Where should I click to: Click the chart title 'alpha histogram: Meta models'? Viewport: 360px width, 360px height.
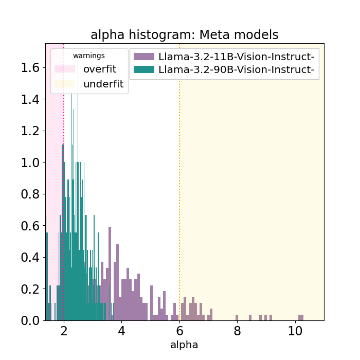[x=184, y=35]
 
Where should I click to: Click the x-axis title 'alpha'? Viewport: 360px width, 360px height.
[x=184, y=345]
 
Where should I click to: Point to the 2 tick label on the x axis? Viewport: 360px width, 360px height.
[x=64, y=331]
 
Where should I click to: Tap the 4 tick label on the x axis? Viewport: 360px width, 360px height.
[x=121, y=331]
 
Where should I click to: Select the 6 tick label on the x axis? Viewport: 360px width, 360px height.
[x=179, y=331]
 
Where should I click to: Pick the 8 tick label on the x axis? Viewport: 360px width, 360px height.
[x=237, y=331]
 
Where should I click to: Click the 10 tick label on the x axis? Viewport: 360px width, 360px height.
[x=295, y=331]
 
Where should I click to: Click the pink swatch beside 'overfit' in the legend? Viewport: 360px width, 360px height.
[x=65, y=69]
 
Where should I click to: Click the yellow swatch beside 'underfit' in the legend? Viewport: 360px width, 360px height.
[x=65, y=84]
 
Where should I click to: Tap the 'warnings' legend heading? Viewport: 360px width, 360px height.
[x=88, y=56]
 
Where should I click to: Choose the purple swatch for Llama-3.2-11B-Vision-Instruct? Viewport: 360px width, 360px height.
[x=143, y=56]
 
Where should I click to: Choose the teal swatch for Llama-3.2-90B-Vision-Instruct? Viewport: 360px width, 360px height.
[x=143, y=70]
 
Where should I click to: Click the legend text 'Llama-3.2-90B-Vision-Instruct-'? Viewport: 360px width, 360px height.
[x=237, y=70]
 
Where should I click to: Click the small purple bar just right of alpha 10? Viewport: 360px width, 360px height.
[x=301, y=318]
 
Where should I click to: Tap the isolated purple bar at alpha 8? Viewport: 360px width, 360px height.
[x=237, y=318]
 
